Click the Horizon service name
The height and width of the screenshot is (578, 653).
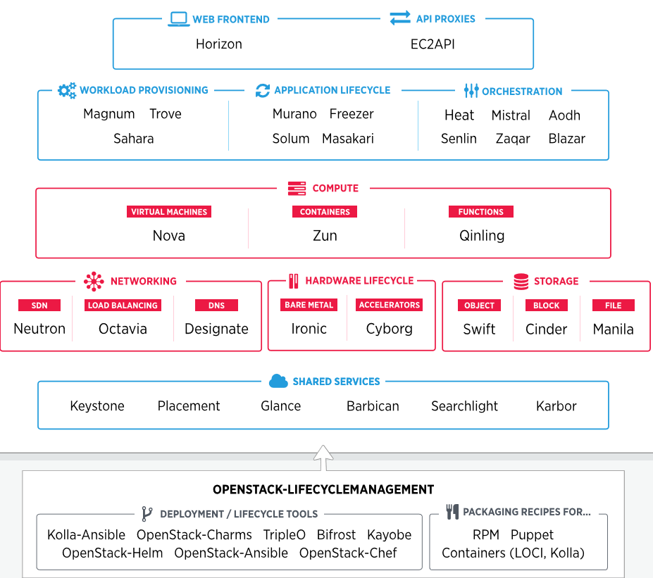point(218,44)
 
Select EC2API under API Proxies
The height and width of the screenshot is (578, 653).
point(433,44)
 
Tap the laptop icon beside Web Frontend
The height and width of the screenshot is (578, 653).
point(179,19)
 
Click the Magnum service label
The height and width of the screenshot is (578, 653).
point(108,114)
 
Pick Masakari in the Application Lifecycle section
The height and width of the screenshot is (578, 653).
point(348,139)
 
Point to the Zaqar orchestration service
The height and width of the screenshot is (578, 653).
point(512,139)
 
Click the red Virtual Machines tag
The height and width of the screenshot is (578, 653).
point(169,211)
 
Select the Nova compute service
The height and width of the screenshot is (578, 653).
point(169,236)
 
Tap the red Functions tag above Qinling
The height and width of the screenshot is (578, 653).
point(480,211)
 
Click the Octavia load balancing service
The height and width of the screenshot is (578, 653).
point(123,329)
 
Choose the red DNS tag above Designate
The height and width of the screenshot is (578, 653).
point(216,305)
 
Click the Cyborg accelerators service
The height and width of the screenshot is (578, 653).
point(389,329)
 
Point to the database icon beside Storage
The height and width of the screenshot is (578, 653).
point(521,281)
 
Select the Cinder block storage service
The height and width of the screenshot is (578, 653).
point(546,329)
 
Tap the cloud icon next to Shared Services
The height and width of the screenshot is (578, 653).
point(278,381)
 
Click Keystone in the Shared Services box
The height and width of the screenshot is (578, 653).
point(97,406)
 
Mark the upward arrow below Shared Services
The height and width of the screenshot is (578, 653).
point(323,457)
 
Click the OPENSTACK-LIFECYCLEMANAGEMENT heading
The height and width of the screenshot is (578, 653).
point(323,489)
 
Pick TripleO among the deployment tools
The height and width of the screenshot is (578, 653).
point(285,535)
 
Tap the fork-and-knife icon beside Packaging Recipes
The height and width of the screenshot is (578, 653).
point(452,512)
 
